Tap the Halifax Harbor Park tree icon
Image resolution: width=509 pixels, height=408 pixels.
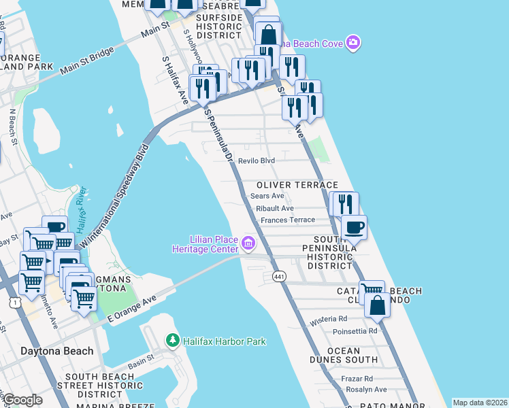click(174, 341)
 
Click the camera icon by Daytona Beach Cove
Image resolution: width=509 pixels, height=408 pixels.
click(352, 43)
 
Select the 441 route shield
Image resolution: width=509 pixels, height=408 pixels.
click(279, 277)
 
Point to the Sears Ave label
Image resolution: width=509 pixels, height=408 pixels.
click(267, 196)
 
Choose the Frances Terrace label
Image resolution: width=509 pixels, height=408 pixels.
click(288, 220)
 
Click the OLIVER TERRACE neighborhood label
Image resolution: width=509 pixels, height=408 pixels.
click(297, 185)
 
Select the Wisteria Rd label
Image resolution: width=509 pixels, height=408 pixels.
click(328, 318)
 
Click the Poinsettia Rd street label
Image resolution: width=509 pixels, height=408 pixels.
click(355, 331)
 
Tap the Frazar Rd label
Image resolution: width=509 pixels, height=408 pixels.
click(358, 378)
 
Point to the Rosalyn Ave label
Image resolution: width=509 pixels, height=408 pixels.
click(365, 390)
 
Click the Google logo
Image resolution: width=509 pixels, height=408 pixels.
click(22, 400)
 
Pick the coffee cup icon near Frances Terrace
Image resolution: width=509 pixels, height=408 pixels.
click(353, 227)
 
